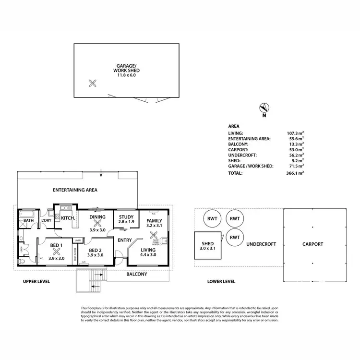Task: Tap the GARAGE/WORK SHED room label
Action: tap(127, 70)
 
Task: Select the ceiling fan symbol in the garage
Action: tap(93, 83)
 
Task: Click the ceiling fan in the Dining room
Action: tap(98, 223)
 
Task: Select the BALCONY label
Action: tap(136, 275)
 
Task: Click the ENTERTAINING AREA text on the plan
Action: tap(75, 190)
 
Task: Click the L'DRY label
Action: tap(46, 220)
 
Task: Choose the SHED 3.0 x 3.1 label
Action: tap(207, 246)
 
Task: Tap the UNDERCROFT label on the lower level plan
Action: tap(261, 244)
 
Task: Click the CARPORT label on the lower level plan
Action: tap(312, 244)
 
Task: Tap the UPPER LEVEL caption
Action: tap(36, 281)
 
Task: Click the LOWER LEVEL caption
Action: tap(221, 281)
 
